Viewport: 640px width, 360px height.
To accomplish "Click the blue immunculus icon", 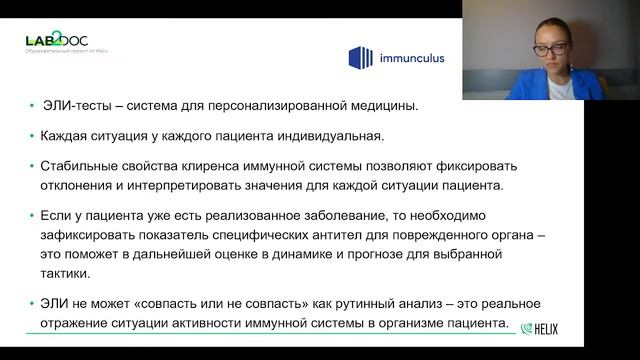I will [360, 58].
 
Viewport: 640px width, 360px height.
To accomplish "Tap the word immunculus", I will [410, 58].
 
